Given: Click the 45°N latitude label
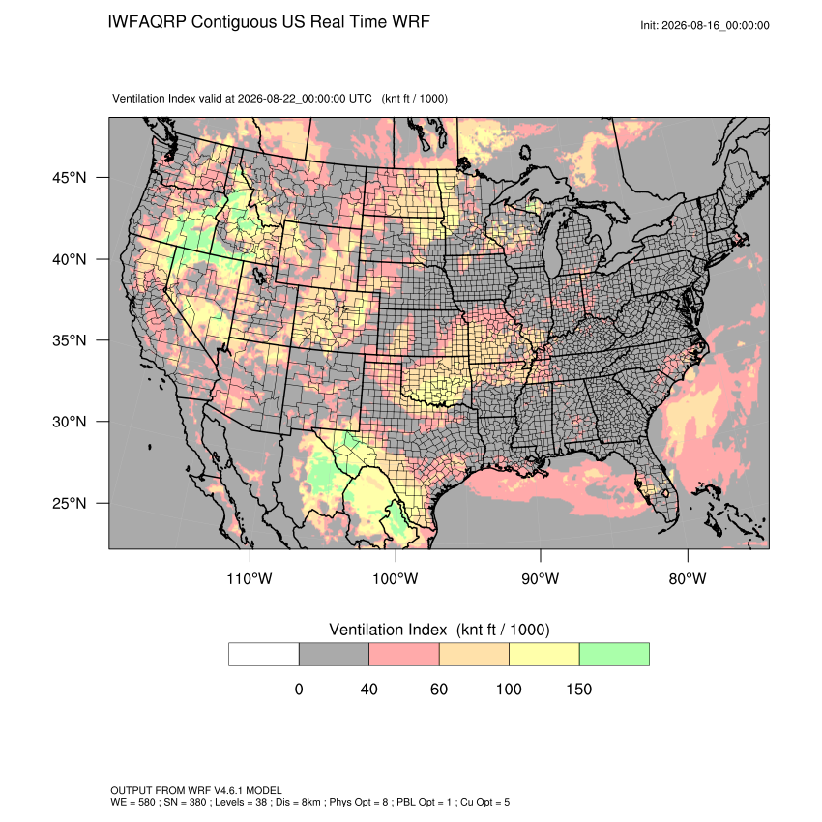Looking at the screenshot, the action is pyautogui.click(x=69, y=178).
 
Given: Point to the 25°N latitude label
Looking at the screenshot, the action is pyautogui.click(x=69, y=503).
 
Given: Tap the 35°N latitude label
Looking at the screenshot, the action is pyautogui.click(x=69, y=340).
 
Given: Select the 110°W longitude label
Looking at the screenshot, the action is pyautogui.click(x=250, y=578).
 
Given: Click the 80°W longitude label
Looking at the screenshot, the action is pyautogui.click(x=688, y=578).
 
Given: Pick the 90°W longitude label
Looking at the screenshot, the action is pyautogui.click(x=540, y=578).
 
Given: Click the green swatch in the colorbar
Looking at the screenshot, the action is pyautogui.click(x=614, y=655).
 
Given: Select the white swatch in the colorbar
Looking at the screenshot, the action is pyautogui.click(x=264, y=655).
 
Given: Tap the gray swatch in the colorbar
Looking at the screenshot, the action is pyautogui.click(x=334, y=655).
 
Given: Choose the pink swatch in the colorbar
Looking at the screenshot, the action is pyautogui.click(x=404, y=655).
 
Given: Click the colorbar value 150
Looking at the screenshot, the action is pyautogui.click(x=578, y=689).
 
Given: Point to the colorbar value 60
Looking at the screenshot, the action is pyautogui.click(x=439, y=689).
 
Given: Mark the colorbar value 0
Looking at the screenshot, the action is pyautogui.click(x=299, y=689).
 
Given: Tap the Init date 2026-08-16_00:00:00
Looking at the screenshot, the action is pyautogui.click(x=715, y=25).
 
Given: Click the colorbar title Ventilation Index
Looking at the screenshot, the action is pyautogui.click(x=388, y=630).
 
